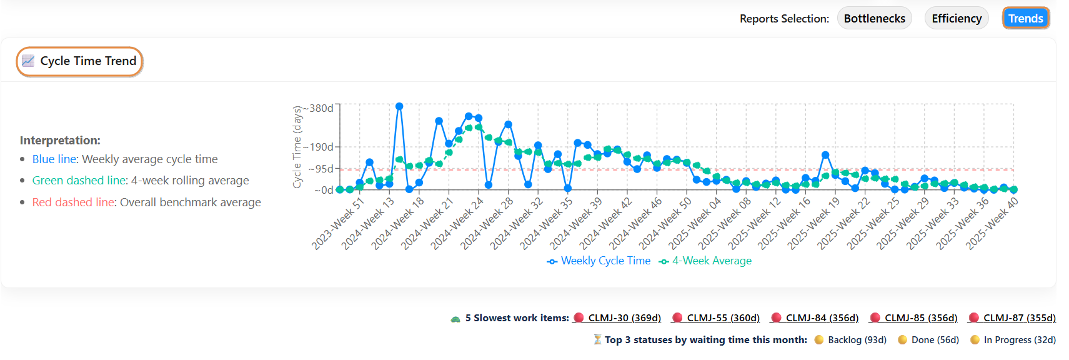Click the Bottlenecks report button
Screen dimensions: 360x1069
[x=874, y=19]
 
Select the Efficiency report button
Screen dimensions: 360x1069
[x=956, y=19]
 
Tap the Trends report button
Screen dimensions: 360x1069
[x=1025, y=19]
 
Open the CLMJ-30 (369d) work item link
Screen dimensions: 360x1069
[x=624, y=318]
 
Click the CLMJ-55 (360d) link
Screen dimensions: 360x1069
[x=723, y=318]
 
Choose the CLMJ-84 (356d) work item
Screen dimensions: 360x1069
[x=822, y=318]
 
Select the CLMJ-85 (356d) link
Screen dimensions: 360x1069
[x=920, y=318]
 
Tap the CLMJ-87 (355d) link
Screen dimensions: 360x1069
[x=1019, y=318]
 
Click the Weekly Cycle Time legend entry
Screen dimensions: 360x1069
[x=605, y=261]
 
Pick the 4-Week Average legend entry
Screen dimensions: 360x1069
[x=711, y=261]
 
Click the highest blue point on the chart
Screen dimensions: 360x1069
[x=399, y=106]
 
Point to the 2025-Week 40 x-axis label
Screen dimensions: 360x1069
[x=993, y=223]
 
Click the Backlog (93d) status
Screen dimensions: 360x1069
[x=857, y=340]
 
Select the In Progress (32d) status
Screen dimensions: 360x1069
[x=1019, y=340]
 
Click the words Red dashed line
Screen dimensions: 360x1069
[x=73, y=202]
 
